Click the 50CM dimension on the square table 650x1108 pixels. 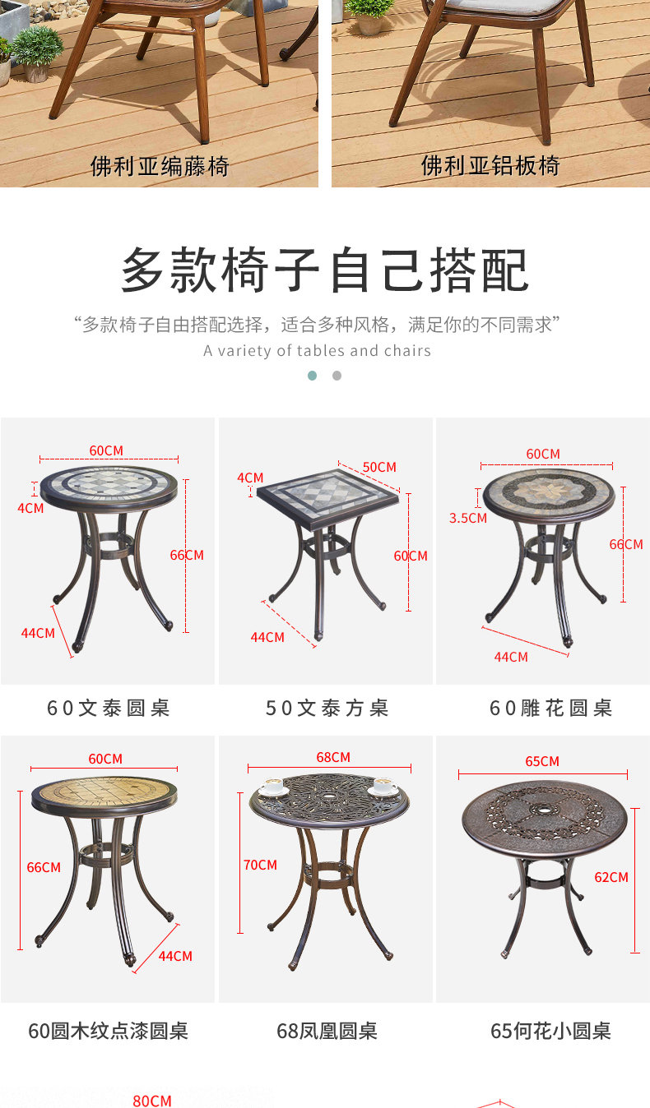click(379, 467)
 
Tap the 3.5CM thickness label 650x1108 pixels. click(468, 518)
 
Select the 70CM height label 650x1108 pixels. click(260, 865)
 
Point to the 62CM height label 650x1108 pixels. click(611, 877)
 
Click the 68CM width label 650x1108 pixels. click(333, 757)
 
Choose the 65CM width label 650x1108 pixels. click(542, 761)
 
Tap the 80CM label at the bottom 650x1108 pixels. click(152, 1101)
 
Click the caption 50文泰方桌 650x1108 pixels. click(327, 709)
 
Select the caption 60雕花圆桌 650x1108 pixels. click(550, 709)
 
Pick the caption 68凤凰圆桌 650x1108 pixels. click(327, 1032)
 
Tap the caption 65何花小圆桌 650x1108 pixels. click(550, 1032)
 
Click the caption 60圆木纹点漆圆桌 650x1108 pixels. click(108, 1032)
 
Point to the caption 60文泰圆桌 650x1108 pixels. click(108, 709)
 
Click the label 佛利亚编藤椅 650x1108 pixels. click(160, 166)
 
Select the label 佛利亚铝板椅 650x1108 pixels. click(490, 165)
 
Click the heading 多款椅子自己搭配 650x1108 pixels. click(325, 270)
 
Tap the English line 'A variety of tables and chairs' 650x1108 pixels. click(317, 351)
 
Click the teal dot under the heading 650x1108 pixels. click(313, 376)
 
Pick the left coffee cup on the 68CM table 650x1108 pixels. click(273, 786)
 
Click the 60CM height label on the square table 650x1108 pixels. click(411, 556)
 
